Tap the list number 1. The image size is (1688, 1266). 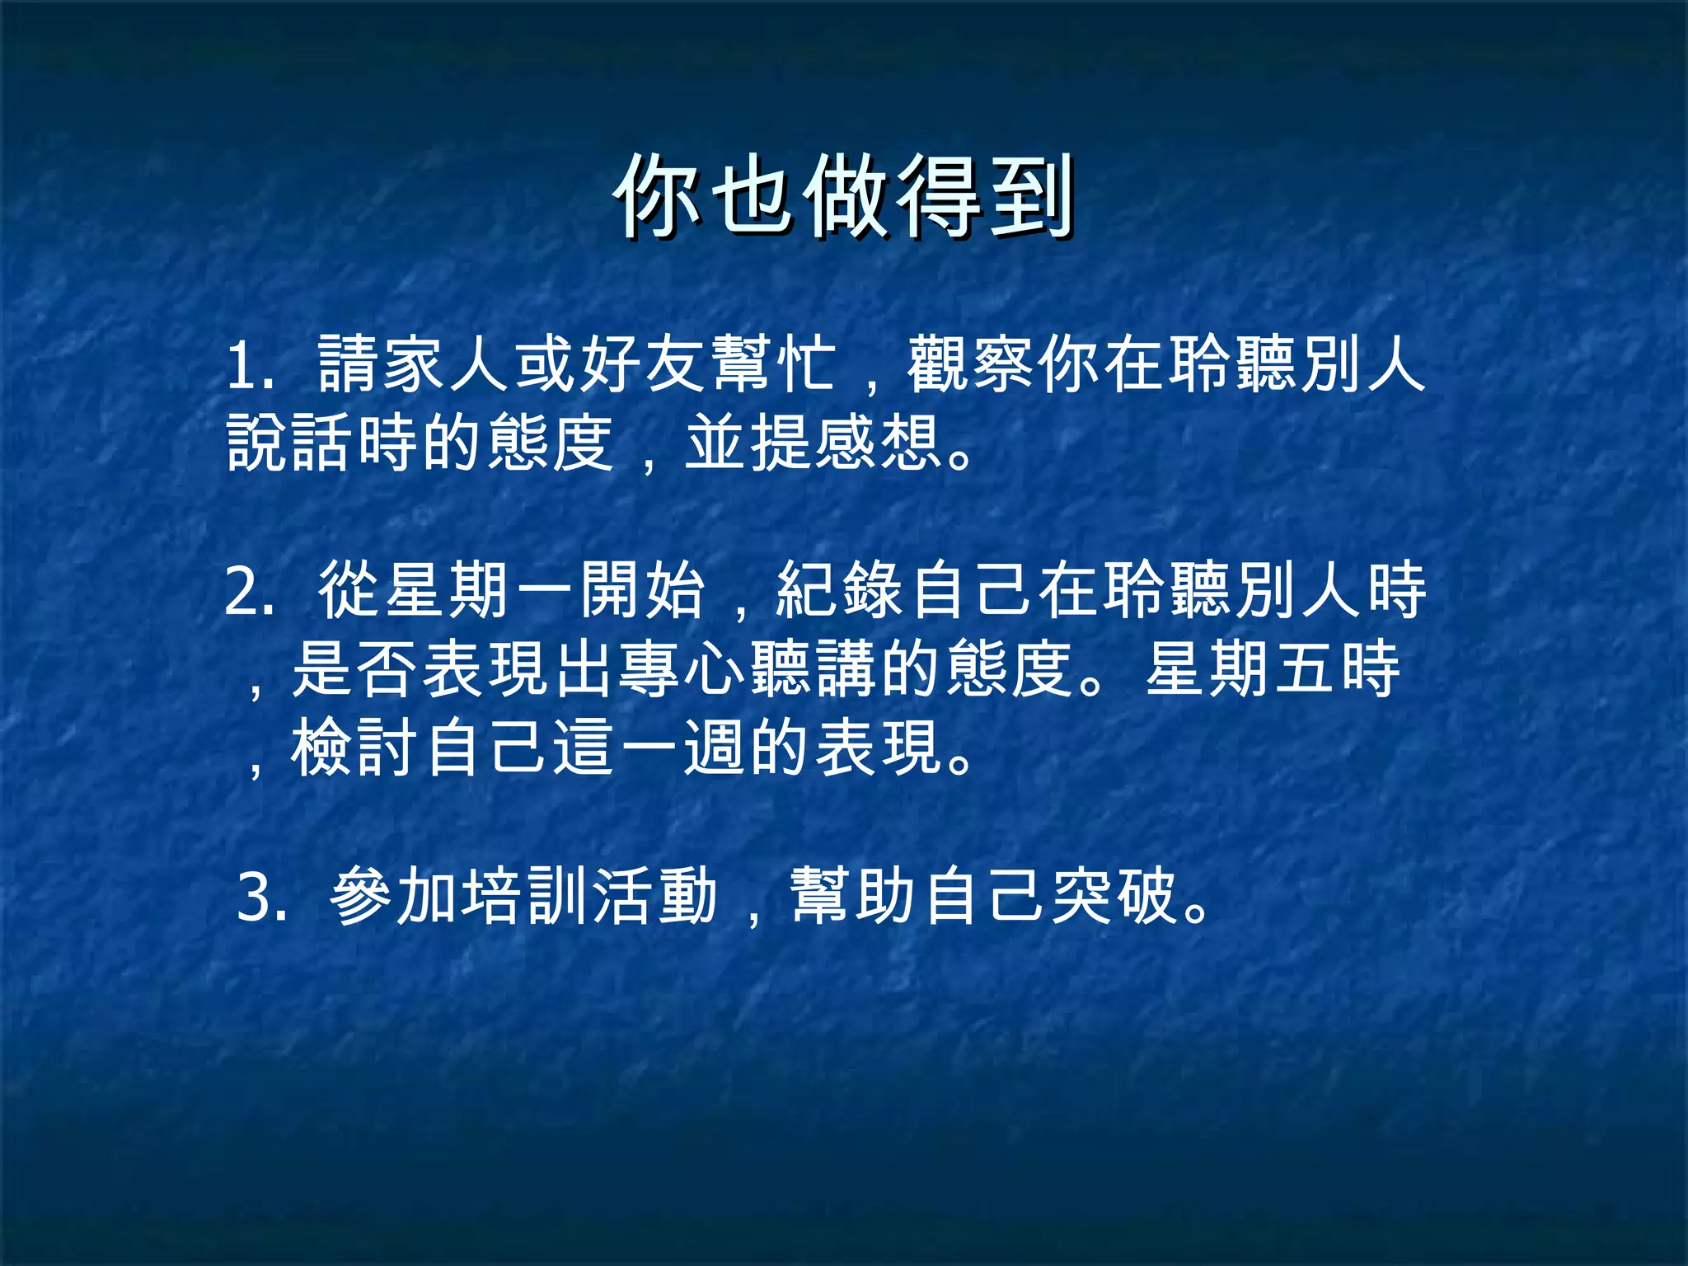click(245, 365)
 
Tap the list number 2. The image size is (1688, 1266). click(245, 591)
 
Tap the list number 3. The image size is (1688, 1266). click(256, 898)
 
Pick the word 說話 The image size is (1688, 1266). click(291, 443)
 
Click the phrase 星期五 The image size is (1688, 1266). click(1240, 668)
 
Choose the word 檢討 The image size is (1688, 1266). click(356, 747)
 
